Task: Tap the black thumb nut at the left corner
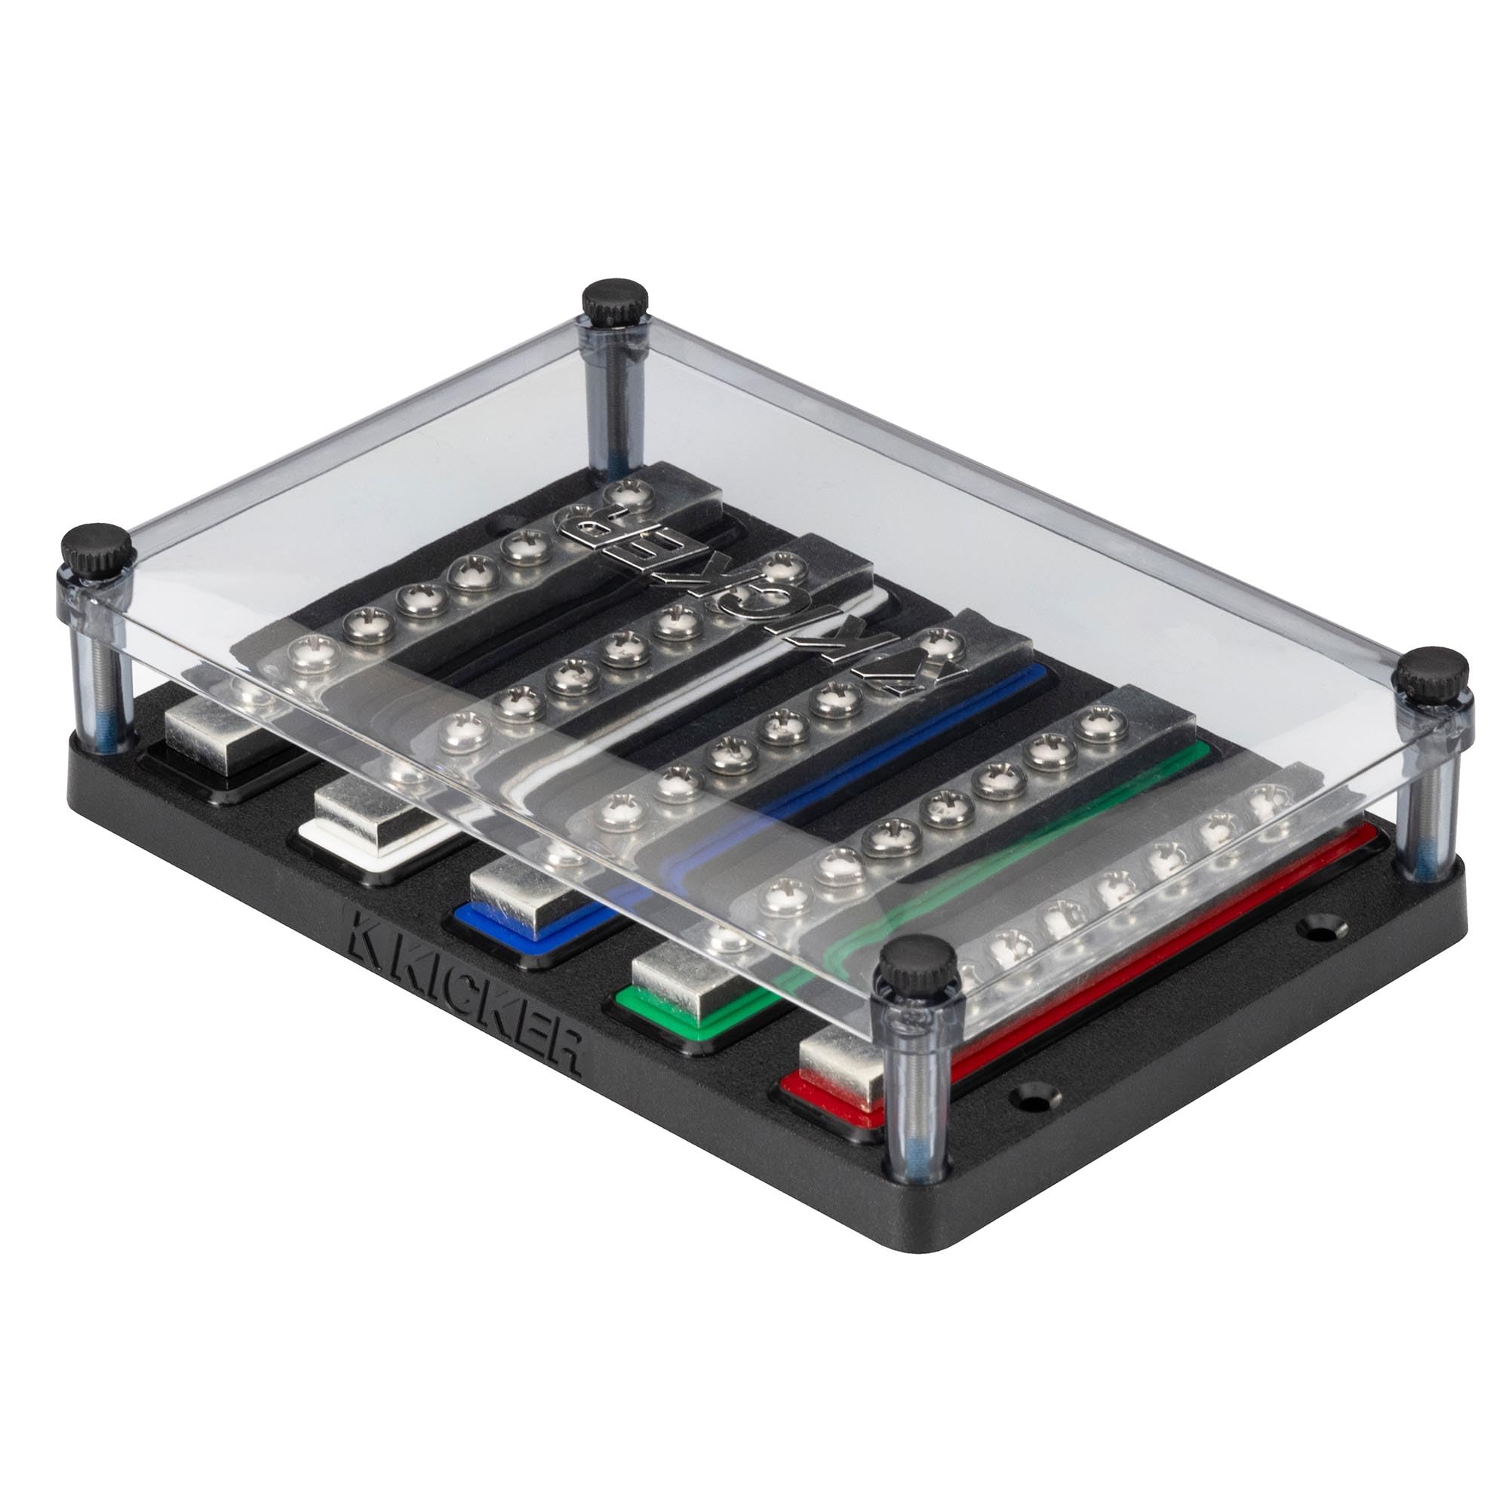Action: (97, 550)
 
